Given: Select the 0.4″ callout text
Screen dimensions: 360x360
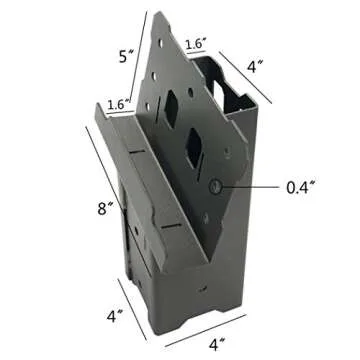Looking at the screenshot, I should (300, 187).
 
